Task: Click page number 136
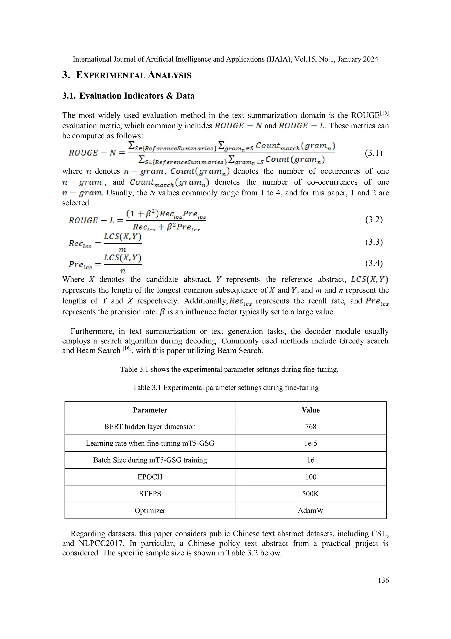(383, 580)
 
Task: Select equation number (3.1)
(373, 153)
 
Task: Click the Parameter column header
(150, 410)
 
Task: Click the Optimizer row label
(150, 510)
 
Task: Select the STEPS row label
(150, 494)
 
